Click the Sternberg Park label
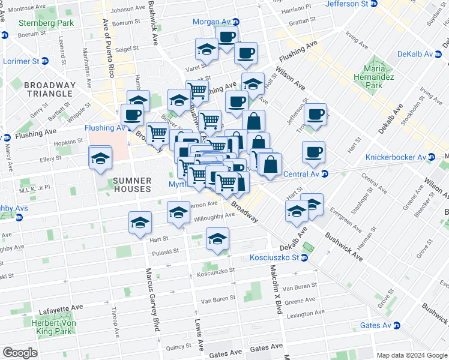[46, 23]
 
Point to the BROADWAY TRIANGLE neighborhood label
[50, 90]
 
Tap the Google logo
[20, 353]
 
